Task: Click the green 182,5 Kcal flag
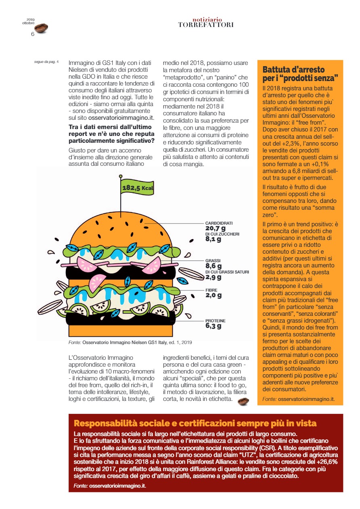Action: pyautogui.click(x=137, y=187)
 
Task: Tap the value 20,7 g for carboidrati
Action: pyautogui.click(x=214, y=229)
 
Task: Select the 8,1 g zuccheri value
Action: pyautogui.click(x=213, y=239)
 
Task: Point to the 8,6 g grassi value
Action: pyautogui.click(x=213, y=266)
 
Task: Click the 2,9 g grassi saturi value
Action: pyautogui.click(x=213, y=277)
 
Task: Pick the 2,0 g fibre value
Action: pyautogui.click(x=213, y=295)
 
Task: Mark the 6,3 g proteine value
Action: pyautogui.click(x=213, y=326)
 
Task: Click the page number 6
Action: pyautogui.click(x=33, y=34)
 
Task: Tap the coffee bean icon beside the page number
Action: pyautogui.click(x=41, y=28)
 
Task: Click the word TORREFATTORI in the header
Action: pyautogui.click(x=206, y=25)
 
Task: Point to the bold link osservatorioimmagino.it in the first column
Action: pyautogui.click(x=121, y=118)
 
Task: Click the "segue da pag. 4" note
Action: pyautogui.click(x=46, y=62)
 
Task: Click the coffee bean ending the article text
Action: pyautogui.click(x=243, y=401)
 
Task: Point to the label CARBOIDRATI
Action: pyautogui.click(x=219, y=223)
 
